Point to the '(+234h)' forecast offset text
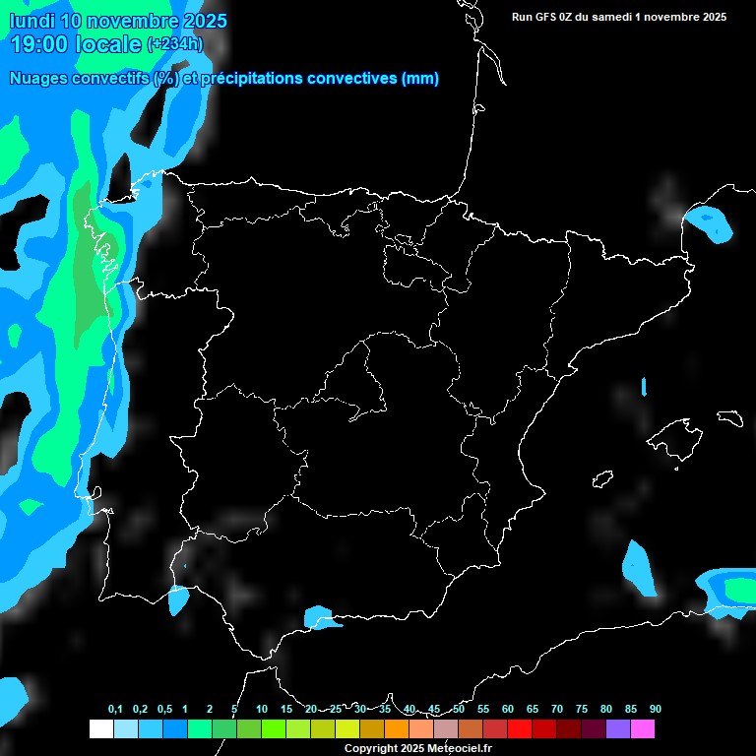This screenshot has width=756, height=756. point(175,43)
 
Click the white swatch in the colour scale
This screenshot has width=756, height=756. point(100,728)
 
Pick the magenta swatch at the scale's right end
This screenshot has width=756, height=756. point(642,728)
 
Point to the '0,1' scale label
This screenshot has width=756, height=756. point(115,710)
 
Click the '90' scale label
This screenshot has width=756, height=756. point(655,710)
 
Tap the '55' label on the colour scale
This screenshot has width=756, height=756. point(483,710)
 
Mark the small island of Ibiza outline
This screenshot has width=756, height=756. point(601,479)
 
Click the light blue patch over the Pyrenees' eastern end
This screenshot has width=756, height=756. point(709,224)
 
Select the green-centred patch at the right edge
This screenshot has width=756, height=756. point(733,589)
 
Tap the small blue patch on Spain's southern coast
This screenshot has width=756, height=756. point(321,617)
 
